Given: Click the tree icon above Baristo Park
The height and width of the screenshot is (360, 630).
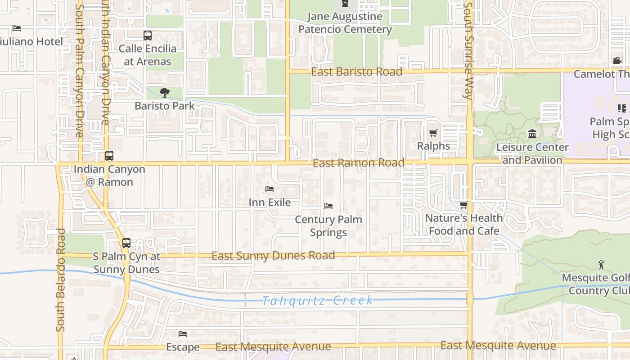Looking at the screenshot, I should pyautogui.click(x=165, y=93).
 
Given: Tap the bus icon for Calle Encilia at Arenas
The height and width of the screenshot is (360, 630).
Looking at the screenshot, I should pyautogui.click(x=147, y=35).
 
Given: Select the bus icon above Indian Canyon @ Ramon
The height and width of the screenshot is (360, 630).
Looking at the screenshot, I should pyautogui.click(x=109, y=156).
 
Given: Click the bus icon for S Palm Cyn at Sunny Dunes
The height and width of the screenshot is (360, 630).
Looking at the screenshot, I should pyautogui.click(x=126, y=243).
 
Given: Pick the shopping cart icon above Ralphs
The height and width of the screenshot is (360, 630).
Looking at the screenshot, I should pyautogui.click(x=433, y=133).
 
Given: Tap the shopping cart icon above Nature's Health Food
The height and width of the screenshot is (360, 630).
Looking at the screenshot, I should pyautogui.click(x=463, y=205).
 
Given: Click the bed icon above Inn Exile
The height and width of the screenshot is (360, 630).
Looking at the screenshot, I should pyautogui.click(x=270, y=189).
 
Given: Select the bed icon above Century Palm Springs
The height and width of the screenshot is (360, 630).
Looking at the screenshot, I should pyautogui.click(x=328, y=206).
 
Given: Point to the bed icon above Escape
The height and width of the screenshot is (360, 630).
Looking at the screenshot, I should pyautogui.click(x=182, y=334).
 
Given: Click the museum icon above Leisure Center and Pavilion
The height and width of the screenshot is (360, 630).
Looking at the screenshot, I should pyautogui.click(x=532, y=134).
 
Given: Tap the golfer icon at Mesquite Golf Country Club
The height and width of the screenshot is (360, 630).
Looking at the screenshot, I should pyautogui.click(x=601, y=265).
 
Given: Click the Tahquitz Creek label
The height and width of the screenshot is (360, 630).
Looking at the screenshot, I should pyautogui.click(x=318, y=301).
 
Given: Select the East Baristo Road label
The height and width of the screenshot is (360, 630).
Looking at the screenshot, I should pyautogui.click(x=356, y=72).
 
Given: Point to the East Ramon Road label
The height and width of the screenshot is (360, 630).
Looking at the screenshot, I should pyautogui.click(x=358, y=163).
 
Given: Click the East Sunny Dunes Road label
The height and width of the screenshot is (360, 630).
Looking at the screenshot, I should pyautogui.click(x=273, y=256).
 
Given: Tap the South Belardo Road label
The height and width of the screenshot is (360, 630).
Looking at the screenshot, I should pyautogui.click(x=61, y=280).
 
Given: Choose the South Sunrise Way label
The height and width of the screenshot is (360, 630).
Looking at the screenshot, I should pyautogui.click(x=468, y=49).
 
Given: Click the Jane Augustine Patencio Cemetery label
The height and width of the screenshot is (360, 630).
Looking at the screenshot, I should pyautogui.click(x=345, y=23).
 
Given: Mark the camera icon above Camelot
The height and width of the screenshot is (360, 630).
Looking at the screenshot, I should pyautogui.click(x=616, y=60).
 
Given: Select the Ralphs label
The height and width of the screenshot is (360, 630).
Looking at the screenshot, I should pyautogui.click(x=433, y=146).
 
